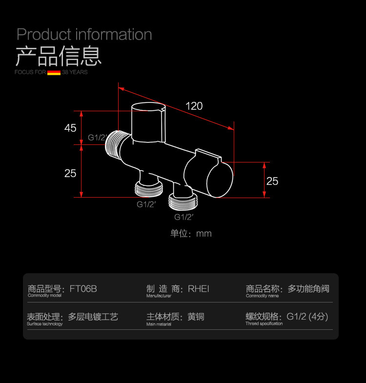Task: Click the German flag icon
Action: [54, 72]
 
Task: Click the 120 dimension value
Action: [194, 106]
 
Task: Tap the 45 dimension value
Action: [70, 128]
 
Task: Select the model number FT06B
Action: [83, 289]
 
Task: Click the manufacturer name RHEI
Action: [198, 289]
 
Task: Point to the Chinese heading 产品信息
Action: [59, 56]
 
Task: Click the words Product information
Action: [84, 35]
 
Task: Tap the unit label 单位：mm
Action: [191, 233]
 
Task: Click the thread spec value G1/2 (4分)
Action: [307, 317]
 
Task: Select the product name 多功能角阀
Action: [308, 289]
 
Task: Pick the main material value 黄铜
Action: [196, 317]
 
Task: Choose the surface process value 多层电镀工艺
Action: [93, 317]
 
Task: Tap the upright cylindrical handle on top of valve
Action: [148, 122]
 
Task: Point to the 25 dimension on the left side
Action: [70, 173]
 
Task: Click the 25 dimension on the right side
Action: [272, 181]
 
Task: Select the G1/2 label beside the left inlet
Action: [97, 138]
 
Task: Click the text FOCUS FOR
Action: [30, 72]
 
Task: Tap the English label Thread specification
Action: [264, 323]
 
